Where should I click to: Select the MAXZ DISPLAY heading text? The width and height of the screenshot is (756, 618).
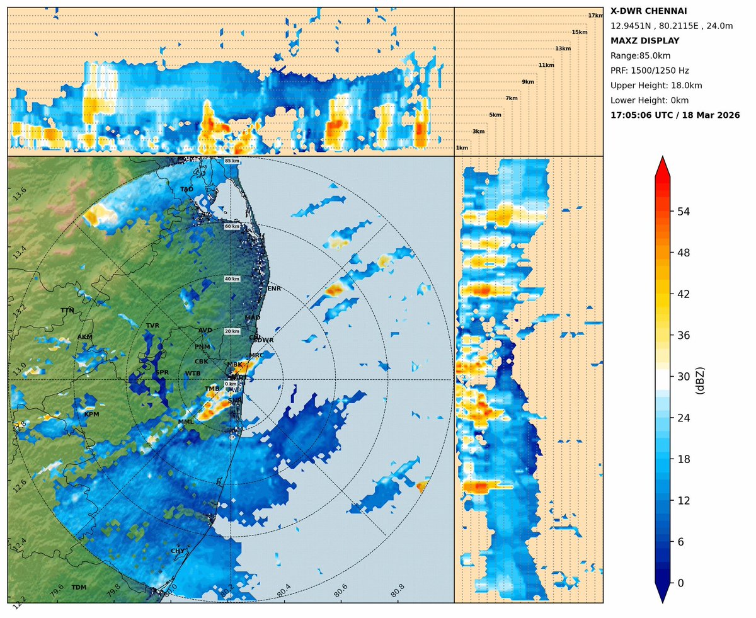(x=645, y=41)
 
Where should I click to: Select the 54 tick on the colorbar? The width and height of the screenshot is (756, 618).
(x=683, y=212)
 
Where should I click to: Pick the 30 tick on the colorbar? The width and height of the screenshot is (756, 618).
(x=683, y=377)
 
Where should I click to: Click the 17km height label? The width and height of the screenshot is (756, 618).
(x=595, y=16)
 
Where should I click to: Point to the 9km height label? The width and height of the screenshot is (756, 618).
(x=528, y=82)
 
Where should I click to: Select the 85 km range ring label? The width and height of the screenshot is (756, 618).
(x=232, y=161)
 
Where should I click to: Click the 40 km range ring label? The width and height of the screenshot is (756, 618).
(x=232, y=278)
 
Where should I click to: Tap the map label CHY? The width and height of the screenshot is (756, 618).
(x=178, y=551)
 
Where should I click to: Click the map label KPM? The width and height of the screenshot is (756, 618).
(x=92, y=415)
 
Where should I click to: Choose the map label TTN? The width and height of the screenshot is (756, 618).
(x=67, y=311)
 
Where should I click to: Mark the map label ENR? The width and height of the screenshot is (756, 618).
(x=274, y=289)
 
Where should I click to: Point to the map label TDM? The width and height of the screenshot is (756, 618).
(x=79, y=588)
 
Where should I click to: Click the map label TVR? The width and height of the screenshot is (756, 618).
(x=153, y=325)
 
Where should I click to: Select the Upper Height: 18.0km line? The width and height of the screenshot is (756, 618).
(x=656, y=86)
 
